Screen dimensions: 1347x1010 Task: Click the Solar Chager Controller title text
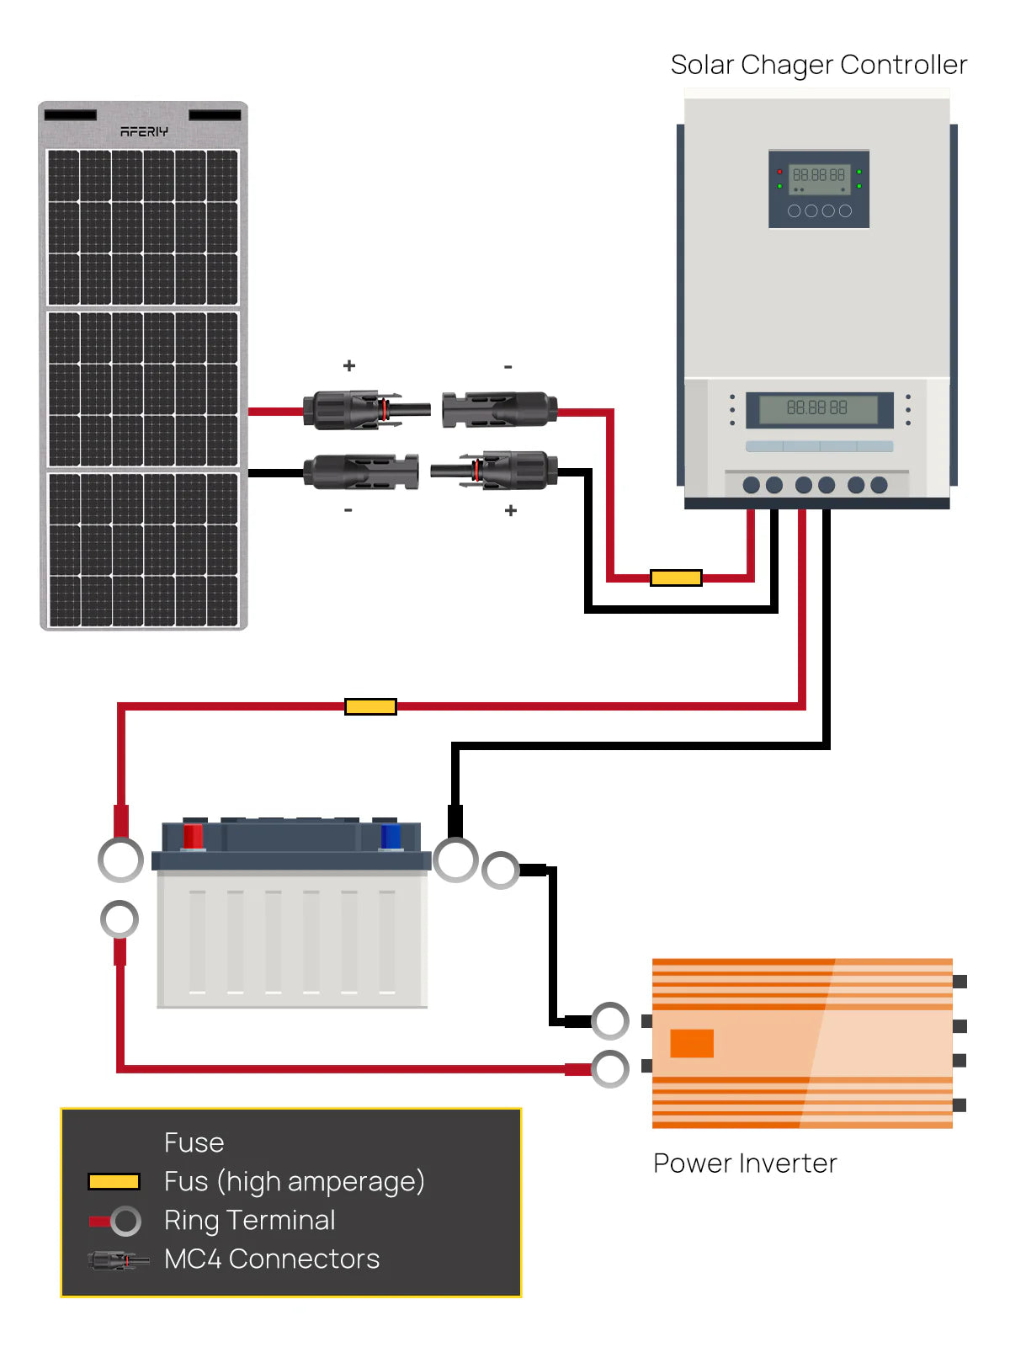tap(818, 65)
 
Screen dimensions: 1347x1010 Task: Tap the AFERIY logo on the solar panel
tap(144, 131)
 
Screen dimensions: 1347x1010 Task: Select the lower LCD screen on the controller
tap(818, 409)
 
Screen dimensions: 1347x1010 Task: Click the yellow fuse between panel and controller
tap(676, 578)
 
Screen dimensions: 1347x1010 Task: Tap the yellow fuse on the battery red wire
tap(370, 706)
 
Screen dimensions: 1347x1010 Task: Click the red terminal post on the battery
tap(193, 836)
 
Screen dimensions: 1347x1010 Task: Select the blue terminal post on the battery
tap(391, 837)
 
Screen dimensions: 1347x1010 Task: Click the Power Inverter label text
tap(745, 1163)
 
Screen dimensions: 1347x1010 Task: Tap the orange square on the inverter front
tap(692, 1043)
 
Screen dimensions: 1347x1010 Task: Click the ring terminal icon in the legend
tap(125, 1221)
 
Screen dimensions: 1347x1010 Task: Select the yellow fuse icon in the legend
tap(114, 1182)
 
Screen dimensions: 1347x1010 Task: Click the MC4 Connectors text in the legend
tap(272, 1259)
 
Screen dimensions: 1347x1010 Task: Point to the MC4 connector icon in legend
tap(118, 1260)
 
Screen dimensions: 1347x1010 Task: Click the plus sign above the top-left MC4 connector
tap(349, 365)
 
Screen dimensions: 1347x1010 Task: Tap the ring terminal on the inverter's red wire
tap(610, 1069)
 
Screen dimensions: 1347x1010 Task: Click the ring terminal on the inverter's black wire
tap(610, 1021)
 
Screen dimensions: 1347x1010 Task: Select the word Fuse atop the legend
tap(194, 1142)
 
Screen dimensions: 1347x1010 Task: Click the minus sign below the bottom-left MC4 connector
tap(348, 510)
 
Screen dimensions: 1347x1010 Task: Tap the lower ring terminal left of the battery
tap(120, 919)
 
